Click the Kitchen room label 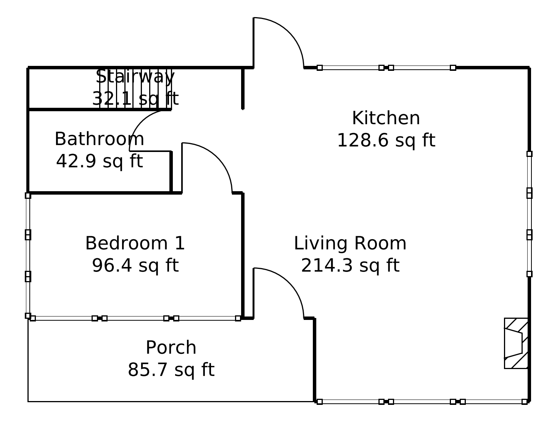(386, 118)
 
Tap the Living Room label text (350, 243)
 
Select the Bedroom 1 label (135, 243)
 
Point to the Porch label (171, 348)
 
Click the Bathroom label (99, 139)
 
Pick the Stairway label (135, 77)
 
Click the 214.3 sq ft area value (350, 265)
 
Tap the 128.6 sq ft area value (386, 140)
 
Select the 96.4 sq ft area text (135, 265)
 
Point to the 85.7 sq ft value (171, 370)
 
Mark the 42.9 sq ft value (99, 161)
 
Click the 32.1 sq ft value (135, 99)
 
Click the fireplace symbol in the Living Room (516, 343)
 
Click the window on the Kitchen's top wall (386, 68)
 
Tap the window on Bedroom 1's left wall (28, 256)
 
